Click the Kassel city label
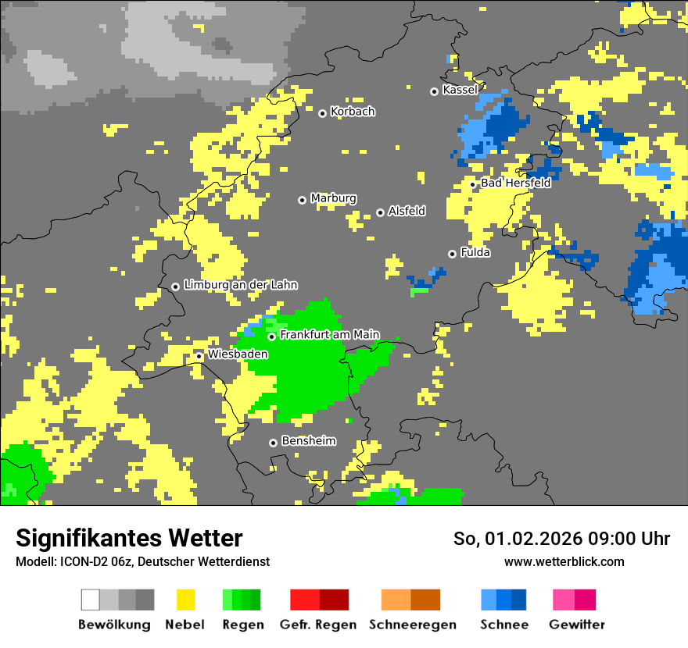coord(460,90)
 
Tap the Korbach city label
coord(353,112)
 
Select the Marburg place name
coord(333,198)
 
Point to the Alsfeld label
coord(407,211)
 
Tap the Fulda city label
coord(475,252)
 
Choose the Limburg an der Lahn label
coord(240,285)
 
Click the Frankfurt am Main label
coord(329,335)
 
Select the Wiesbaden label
coord(238,354)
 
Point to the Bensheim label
coord(308,441)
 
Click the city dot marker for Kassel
coord(434,91)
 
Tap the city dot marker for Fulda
coord(452,254)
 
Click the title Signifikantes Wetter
coord(129,538)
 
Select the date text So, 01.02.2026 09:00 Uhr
coord(561,539)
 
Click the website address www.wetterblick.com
coord(564,561)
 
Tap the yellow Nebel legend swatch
coord(185,600)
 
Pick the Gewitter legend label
coord(576,625)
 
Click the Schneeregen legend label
coord(412,625)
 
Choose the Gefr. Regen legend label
coord(318,625)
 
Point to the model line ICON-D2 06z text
coord(142,561)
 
